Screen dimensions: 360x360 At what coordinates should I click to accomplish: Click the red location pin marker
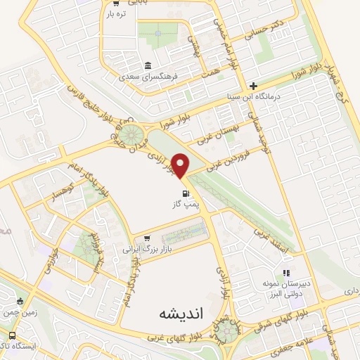click(181, 165)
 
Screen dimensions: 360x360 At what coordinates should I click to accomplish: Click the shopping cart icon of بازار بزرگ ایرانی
click(147, 239)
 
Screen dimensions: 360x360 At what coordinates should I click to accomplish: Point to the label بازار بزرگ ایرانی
click(148, 250)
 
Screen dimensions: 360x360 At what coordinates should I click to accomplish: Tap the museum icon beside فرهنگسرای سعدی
click(148, 66)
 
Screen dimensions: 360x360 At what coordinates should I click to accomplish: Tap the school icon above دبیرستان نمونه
click(285, 272)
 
